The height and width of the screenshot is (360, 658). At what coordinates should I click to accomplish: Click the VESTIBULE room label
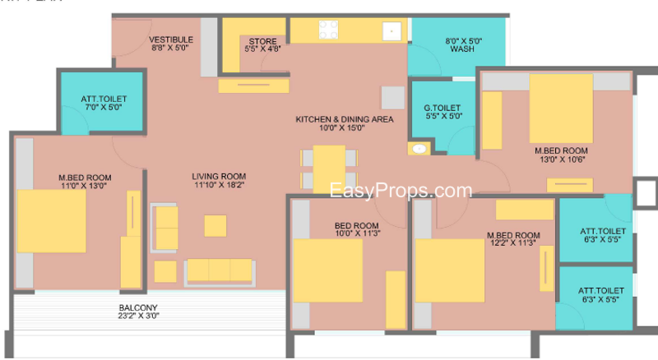coord(171,39)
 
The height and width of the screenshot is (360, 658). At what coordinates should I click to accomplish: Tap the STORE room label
coord(262,42)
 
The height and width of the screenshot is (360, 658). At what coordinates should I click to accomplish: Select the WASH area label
coord(462,49)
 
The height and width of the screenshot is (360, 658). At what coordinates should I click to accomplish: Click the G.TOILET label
coord(442,108)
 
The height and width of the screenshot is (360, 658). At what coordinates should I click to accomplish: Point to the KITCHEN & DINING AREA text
coord(345,119)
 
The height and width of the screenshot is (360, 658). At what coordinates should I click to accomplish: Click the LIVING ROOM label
coord(219,176)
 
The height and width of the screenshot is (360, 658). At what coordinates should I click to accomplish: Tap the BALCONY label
coord(138,307)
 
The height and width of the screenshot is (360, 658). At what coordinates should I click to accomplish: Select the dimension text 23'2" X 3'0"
coord(138,316)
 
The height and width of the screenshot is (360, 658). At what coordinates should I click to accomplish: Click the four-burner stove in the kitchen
coord(328,30)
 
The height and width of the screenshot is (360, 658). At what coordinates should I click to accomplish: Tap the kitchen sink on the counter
coord(392,31)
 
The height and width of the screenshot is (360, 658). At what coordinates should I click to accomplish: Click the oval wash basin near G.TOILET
coord(419,149)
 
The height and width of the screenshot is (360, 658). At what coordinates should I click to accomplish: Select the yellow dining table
coord(329,169)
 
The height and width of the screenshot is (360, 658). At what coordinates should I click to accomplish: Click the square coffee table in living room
coord(215,226)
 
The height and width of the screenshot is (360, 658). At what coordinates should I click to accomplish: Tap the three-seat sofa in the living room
coord(220,273)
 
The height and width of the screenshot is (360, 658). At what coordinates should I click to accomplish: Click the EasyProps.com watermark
coord(401,191)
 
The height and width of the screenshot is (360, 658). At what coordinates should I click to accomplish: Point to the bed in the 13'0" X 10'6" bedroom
coord(561,108)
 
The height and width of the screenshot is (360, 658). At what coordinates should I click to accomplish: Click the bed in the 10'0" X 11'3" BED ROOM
coord(327,270)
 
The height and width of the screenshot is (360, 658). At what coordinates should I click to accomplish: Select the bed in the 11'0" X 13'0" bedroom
coord(51,221)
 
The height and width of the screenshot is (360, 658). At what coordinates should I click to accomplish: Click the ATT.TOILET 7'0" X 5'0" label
coord(104,103)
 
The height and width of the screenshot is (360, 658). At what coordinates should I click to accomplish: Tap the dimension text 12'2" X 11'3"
coord(512,243)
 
